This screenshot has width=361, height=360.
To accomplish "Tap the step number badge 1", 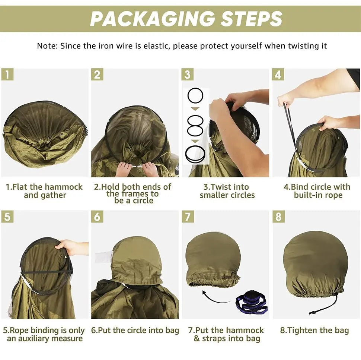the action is [x=7, y=75].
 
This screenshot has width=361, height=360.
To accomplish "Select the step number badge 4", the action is [x=278, y=75].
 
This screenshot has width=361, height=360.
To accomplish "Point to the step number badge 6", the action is [x=97, y=217].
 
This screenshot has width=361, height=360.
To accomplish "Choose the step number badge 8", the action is [x=279, y=217].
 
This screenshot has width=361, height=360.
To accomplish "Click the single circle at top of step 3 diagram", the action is [x=195, y=96].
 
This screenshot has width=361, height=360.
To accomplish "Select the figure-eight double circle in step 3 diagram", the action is [x=195, y=126].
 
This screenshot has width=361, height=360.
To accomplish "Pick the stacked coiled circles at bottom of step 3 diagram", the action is [x=195, y=154].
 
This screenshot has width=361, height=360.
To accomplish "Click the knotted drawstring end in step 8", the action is [x=312, y=313].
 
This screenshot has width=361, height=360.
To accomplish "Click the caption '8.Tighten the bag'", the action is [x=314, y=330].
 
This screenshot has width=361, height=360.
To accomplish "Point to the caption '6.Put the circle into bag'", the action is [x=135, y=330].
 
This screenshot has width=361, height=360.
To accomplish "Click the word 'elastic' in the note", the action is [x=157, y=46].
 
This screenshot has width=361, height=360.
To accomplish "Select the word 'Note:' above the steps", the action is [x=47, y=46].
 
